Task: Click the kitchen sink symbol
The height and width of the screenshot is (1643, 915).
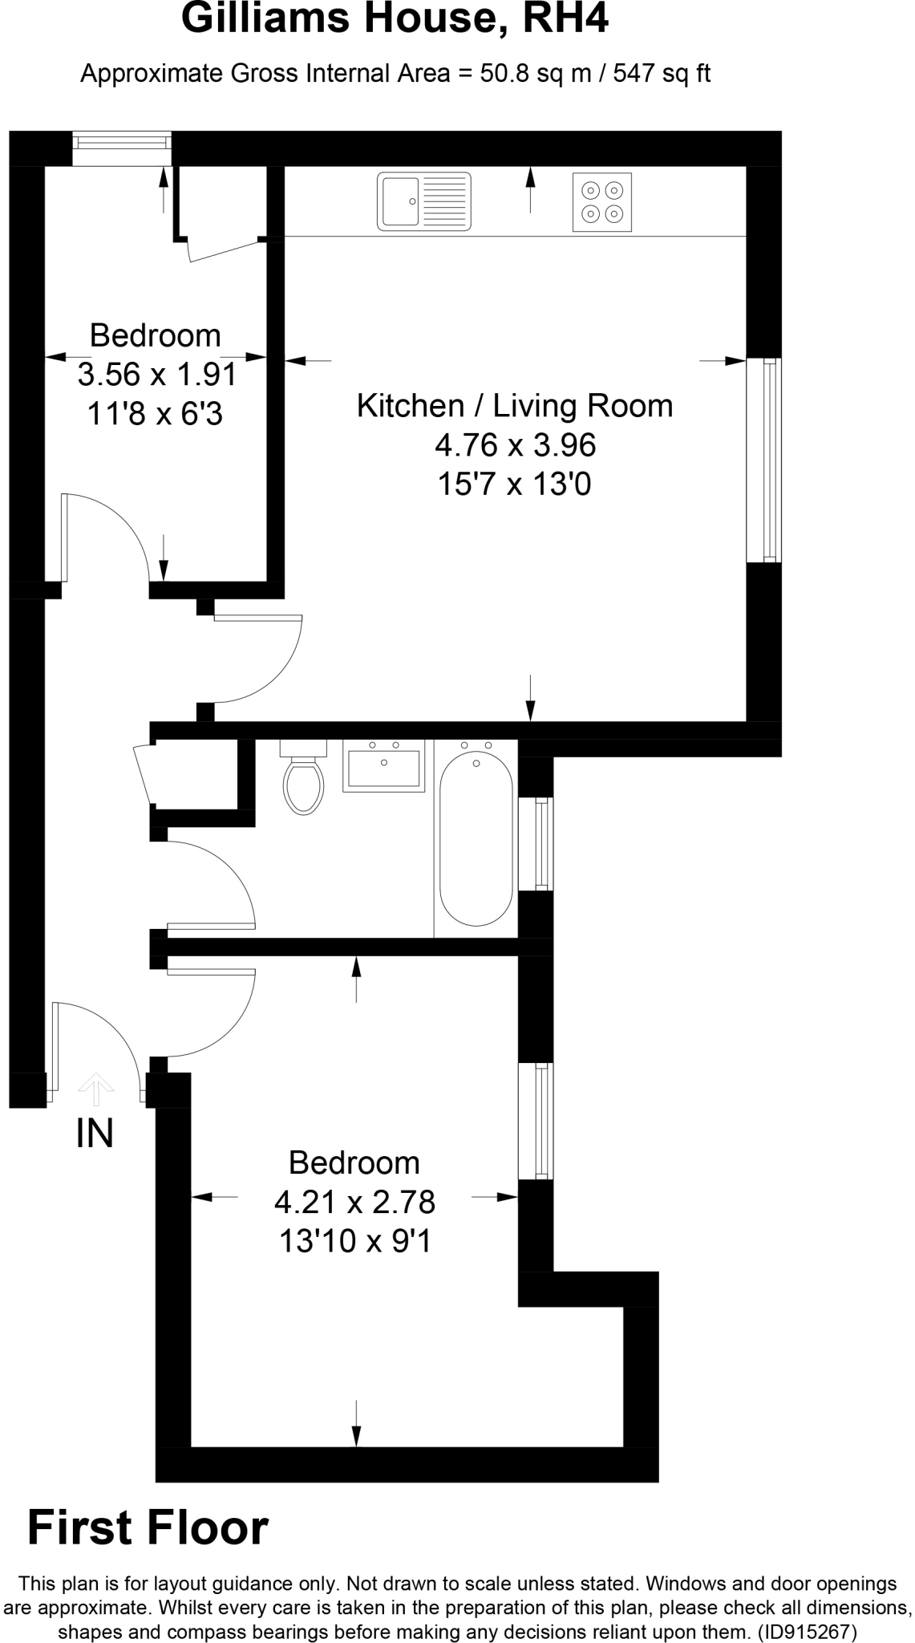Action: [x=423, y=201]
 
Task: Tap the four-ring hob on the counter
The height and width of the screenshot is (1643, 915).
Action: [x=602, y=201]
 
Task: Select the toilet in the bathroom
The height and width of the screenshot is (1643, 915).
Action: [x=303, y=781]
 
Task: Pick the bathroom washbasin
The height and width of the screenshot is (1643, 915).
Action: [x=383, y=768]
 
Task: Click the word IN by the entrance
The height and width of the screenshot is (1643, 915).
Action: [x=95, y=1133]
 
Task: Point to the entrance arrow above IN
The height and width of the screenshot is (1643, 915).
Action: [x=96, y=1088]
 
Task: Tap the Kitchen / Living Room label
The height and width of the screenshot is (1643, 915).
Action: [x=514, y=406]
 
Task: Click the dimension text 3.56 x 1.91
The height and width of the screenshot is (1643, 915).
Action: [x=157, y=375]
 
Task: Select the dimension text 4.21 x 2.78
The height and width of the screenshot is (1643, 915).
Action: [x=354, y=1202]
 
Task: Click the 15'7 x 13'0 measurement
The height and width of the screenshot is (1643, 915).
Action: [x=514, y=485]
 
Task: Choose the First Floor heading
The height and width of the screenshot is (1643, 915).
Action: [x=148, y=1527]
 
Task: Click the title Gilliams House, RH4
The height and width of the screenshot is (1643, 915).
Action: [x=395, y=19]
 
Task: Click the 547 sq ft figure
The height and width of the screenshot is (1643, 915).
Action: [x=662, y=74]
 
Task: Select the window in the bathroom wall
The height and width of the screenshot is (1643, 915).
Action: [x=536, y=843]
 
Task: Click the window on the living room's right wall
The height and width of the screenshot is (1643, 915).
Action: [x=764, y=460]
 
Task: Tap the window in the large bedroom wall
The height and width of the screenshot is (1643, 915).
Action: [x=536, y=1121]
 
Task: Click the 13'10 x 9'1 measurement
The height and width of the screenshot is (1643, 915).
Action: [x=354, y=1242]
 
